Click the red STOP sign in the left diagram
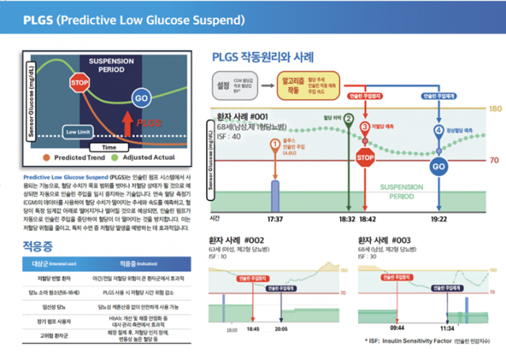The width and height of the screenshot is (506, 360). coord(79,82)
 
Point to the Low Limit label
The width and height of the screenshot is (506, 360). coord(79,131)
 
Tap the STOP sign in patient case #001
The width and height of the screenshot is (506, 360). coord(364,158)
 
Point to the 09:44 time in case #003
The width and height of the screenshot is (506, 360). coord(398,326)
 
